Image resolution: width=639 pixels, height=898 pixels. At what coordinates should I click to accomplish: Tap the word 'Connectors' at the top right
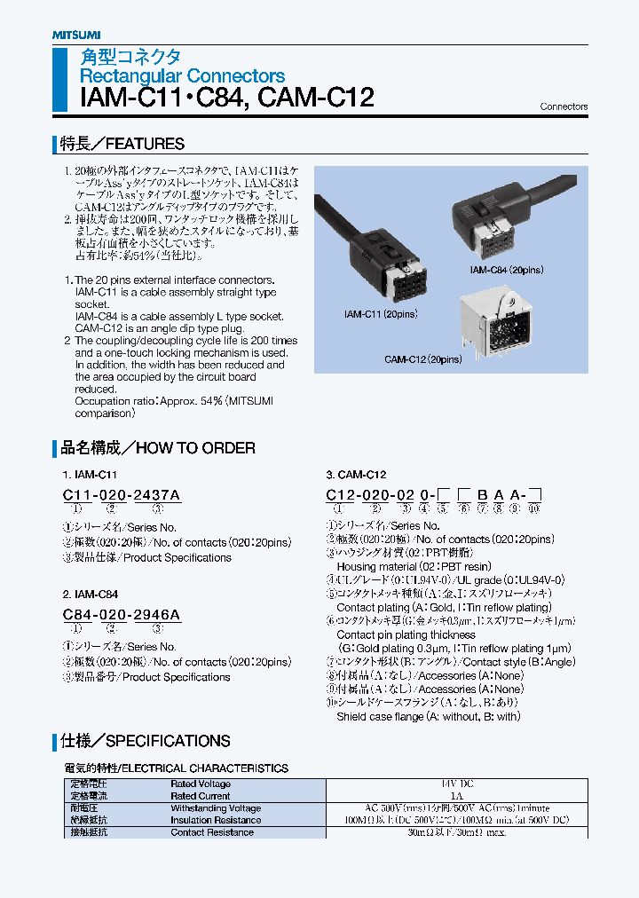[x=564, y=106]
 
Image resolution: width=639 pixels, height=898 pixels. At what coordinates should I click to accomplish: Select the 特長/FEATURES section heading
[x=122, y=144]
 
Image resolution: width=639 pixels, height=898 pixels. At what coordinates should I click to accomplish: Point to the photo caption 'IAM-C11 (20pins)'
[x=381, y=314]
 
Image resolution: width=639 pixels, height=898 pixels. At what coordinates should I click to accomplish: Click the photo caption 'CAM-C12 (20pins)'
[x=422, y=359]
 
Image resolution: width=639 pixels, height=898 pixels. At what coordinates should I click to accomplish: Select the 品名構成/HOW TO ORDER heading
[x=157, y=448]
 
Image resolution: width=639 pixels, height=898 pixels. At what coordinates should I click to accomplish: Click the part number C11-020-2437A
[x=122, y=493]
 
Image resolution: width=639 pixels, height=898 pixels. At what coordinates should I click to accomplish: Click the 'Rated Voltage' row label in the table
[x=201, y=784]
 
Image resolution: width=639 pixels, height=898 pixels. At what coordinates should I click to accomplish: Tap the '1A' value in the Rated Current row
[x=457, y=797]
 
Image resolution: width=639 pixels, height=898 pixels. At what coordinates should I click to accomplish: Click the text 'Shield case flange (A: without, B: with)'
[x=428, y=716]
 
